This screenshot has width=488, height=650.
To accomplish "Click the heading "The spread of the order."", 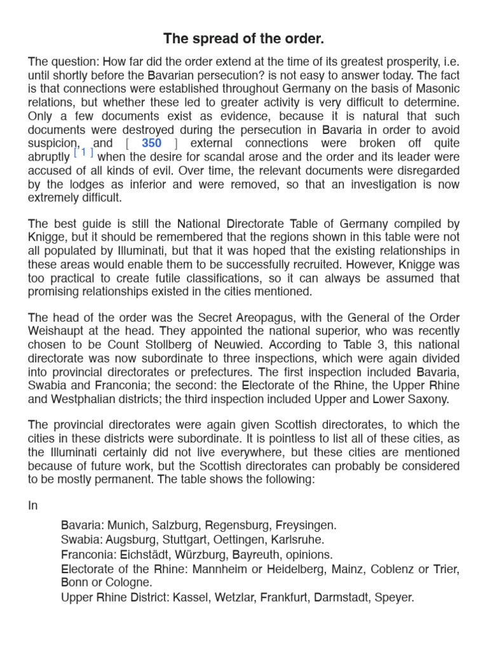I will pyautogui.click(x=244, y=39).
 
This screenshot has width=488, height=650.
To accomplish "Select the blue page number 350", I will pyautogui.click(x=151, y=143).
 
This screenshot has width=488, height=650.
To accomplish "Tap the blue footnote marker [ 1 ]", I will pyautogui.click(x=83, y=152).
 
